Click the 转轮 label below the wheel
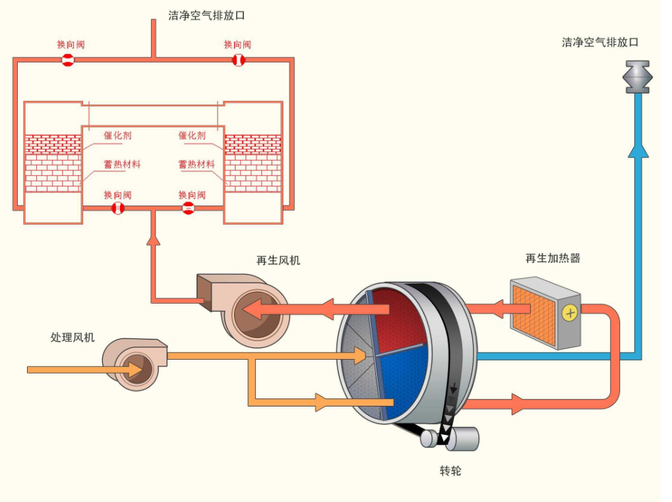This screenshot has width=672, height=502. pos(450,471)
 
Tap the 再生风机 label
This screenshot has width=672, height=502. pos(278,260)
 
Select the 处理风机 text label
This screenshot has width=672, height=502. pos(73,337)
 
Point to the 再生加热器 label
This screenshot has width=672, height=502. pos(553,258)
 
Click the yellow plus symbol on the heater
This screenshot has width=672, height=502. pos(568,313)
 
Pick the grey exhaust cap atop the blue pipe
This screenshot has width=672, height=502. pos(637,76)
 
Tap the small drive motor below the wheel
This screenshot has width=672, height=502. pos(460,439)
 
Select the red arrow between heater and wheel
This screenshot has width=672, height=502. pos(493,308)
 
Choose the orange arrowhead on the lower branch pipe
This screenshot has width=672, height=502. pos(321,401)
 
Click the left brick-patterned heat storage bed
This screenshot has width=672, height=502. pos(53,163)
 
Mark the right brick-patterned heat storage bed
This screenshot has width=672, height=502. pos(253,163)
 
